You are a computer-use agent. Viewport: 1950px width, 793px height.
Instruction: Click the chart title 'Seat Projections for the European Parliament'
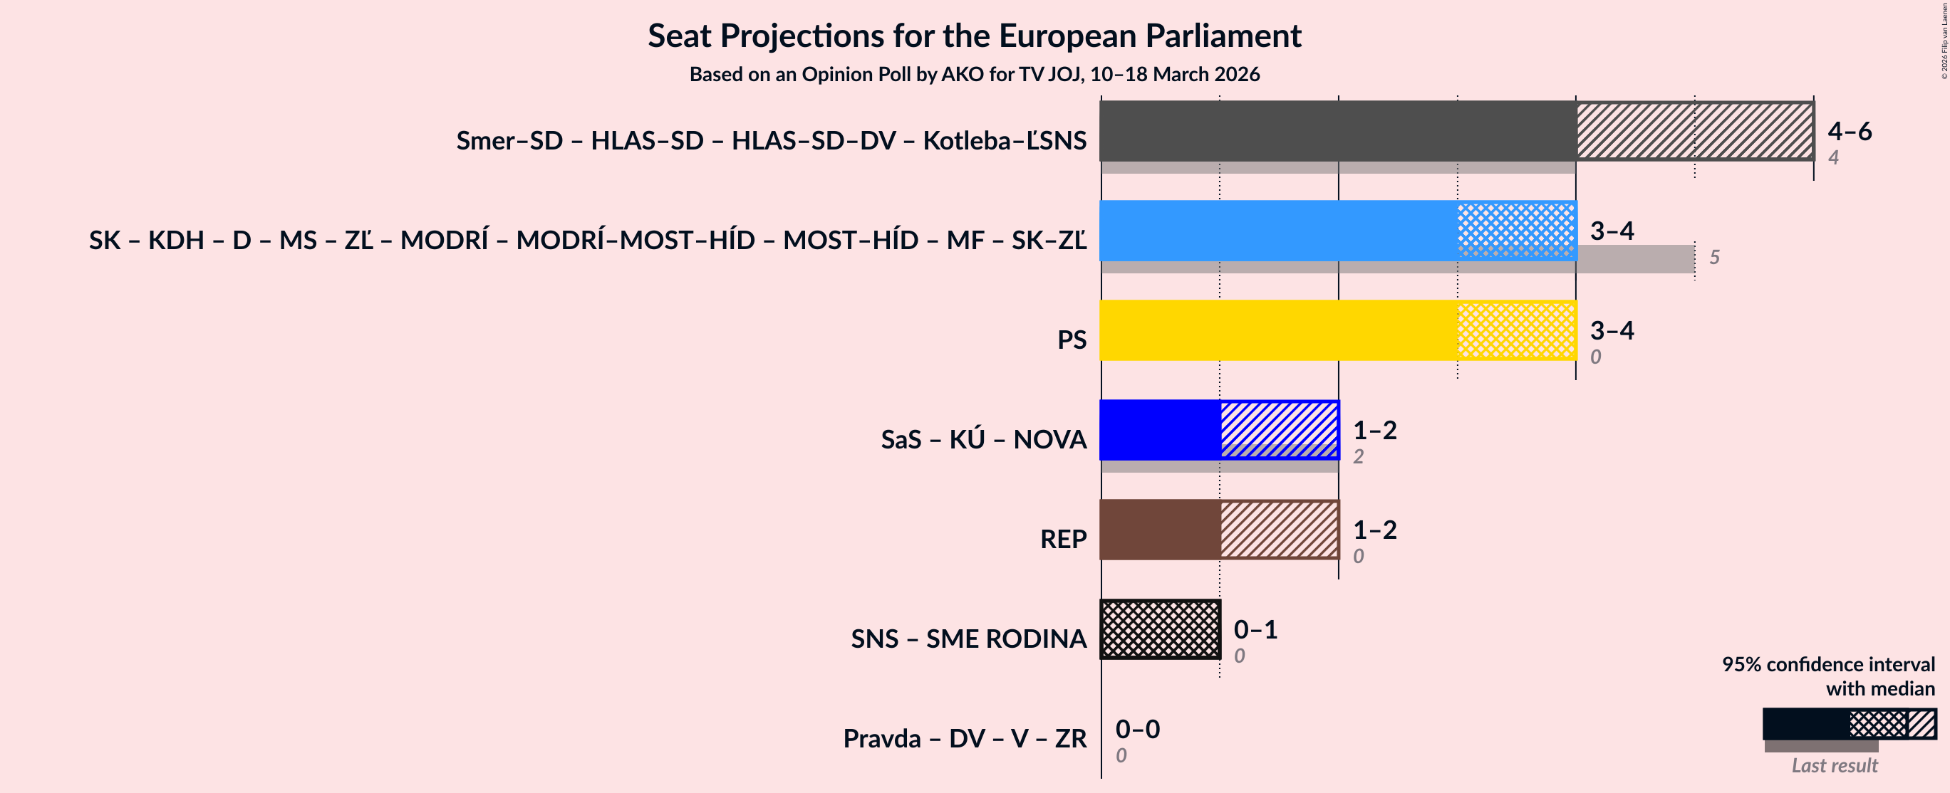pyautogui.click(x=974, y=36)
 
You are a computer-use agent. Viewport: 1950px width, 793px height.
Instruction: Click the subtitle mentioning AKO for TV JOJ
pyautogui.click(x=974, y=74)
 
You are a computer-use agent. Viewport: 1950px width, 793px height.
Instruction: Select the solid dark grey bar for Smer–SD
pyautogui.click(x=1337, y=130)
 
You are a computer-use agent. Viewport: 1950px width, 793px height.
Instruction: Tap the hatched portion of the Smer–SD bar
pyautogui.click(x=1695, y=130)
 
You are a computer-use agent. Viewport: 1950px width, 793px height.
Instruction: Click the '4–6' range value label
pyautogui.click(x=1849, y=131)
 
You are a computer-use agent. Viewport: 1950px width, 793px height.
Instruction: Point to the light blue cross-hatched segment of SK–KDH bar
pyautogui.click(x=1516, y=230)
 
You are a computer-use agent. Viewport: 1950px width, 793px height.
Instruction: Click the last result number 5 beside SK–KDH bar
pyautogui.click(x=1715, y=257)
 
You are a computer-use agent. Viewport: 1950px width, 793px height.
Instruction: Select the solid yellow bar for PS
pyautogui.click(x=1278, y=330)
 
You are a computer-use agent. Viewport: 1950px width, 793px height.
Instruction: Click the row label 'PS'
pyautogui.click(x=1071, y=340)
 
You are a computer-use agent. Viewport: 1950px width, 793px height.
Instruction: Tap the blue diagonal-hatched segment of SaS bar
pyautogui.click(x=1280, y=429)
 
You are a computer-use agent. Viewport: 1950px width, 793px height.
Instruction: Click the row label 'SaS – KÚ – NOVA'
pyautogui.click(x=983, y=440)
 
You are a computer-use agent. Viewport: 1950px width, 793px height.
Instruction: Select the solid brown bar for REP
pyautogui.click(x=1160, y=529)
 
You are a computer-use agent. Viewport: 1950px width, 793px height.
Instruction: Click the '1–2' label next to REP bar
pyautogui.click(x=1375, y=530)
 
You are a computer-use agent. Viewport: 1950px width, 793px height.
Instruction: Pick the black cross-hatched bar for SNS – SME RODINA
pyautogui.click(x=1161, y=629)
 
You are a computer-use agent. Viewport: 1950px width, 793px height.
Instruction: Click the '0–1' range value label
pyautogui.click(x=1255, y=629)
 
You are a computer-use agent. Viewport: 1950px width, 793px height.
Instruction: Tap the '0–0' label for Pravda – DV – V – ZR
pyautogui.click(x=1137, y=729)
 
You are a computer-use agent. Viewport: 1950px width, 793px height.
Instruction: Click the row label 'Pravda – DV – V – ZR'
pyautogui.click(x=965, y=738)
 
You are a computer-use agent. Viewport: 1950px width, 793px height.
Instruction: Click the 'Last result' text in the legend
pyautogui.click(x=1834, y=765)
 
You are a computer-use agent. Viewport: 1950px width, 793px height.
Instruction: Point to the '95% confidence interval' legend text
pyautogui.click(x=1828, y=663)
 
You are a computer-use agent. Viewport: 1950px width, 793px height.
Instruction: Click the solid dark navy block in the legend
pyautogui.click(x=1805, y=723)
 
